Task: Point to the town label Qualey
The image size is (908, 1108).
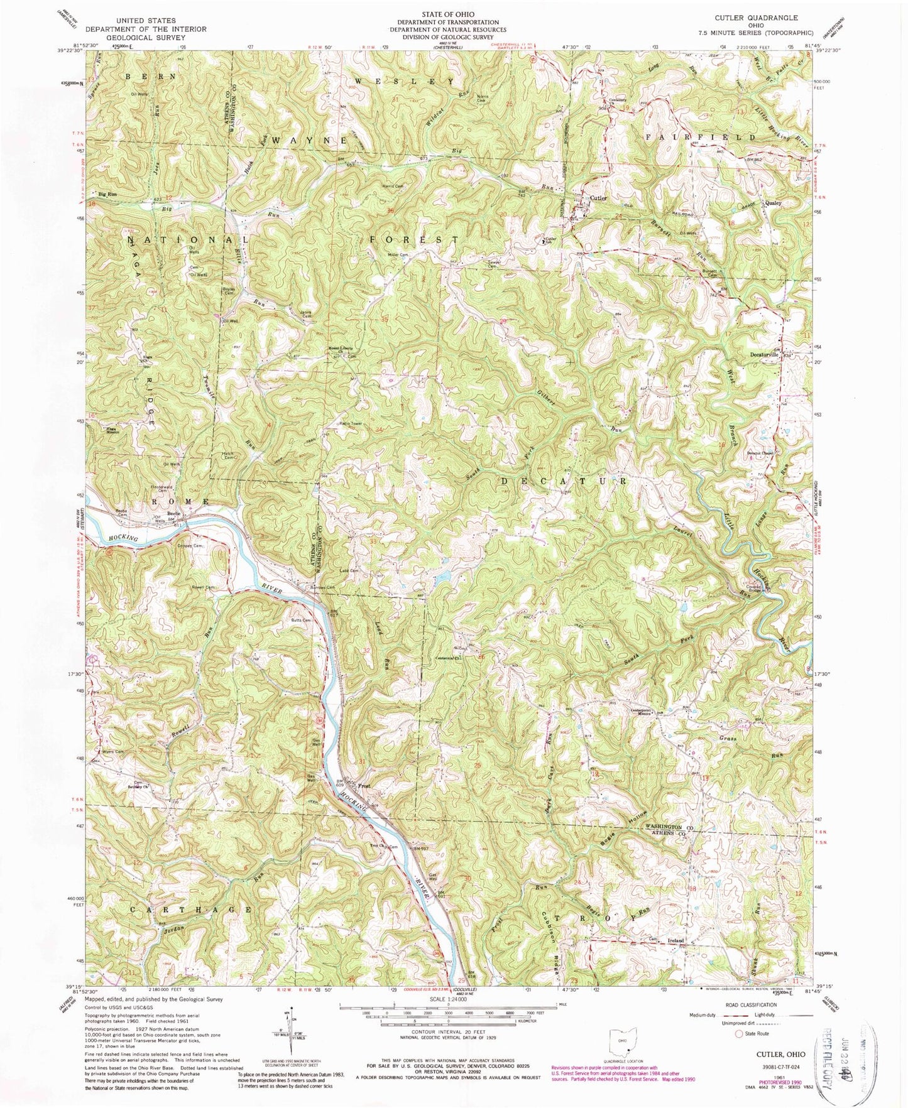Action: coord(773,204)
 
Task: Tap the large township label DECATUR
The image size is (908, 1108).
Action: coord(563,481)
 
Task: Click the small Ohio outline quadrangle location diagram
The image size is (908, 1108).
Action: coord(620,1039)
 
